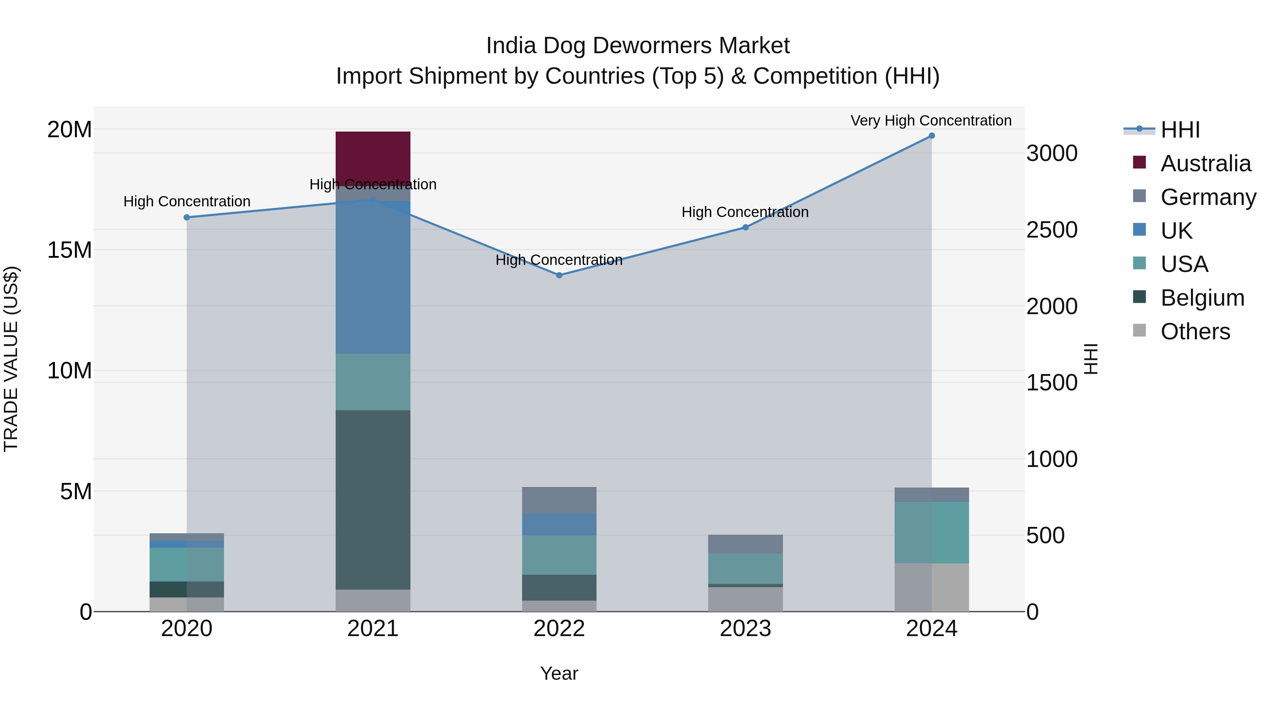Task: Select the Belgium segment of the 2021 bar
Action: [x=373, y=500]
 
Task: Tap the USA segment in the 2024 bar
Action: [x=931, y=532]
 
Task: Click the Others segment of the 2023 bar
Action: [x=745, y=599]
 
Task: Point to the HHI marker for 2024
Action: [x=931, y=136]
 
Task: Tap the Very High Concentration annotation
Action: [x=931, y=121]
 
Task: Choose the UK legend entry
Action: [x=1176, y=231]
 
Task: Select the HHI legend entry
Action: [x=1180, y=130]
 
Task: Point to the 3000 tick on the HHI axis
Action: [x=1052, y=153]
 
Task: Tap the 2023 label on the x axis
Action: [x=745, y=629]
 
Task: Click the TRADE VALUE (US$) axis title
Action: [x=11, y=359]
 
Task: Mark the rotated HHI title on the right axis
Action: [x=1091, y=359]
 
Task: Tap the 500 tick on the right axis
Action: [x=1045, y=536]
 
